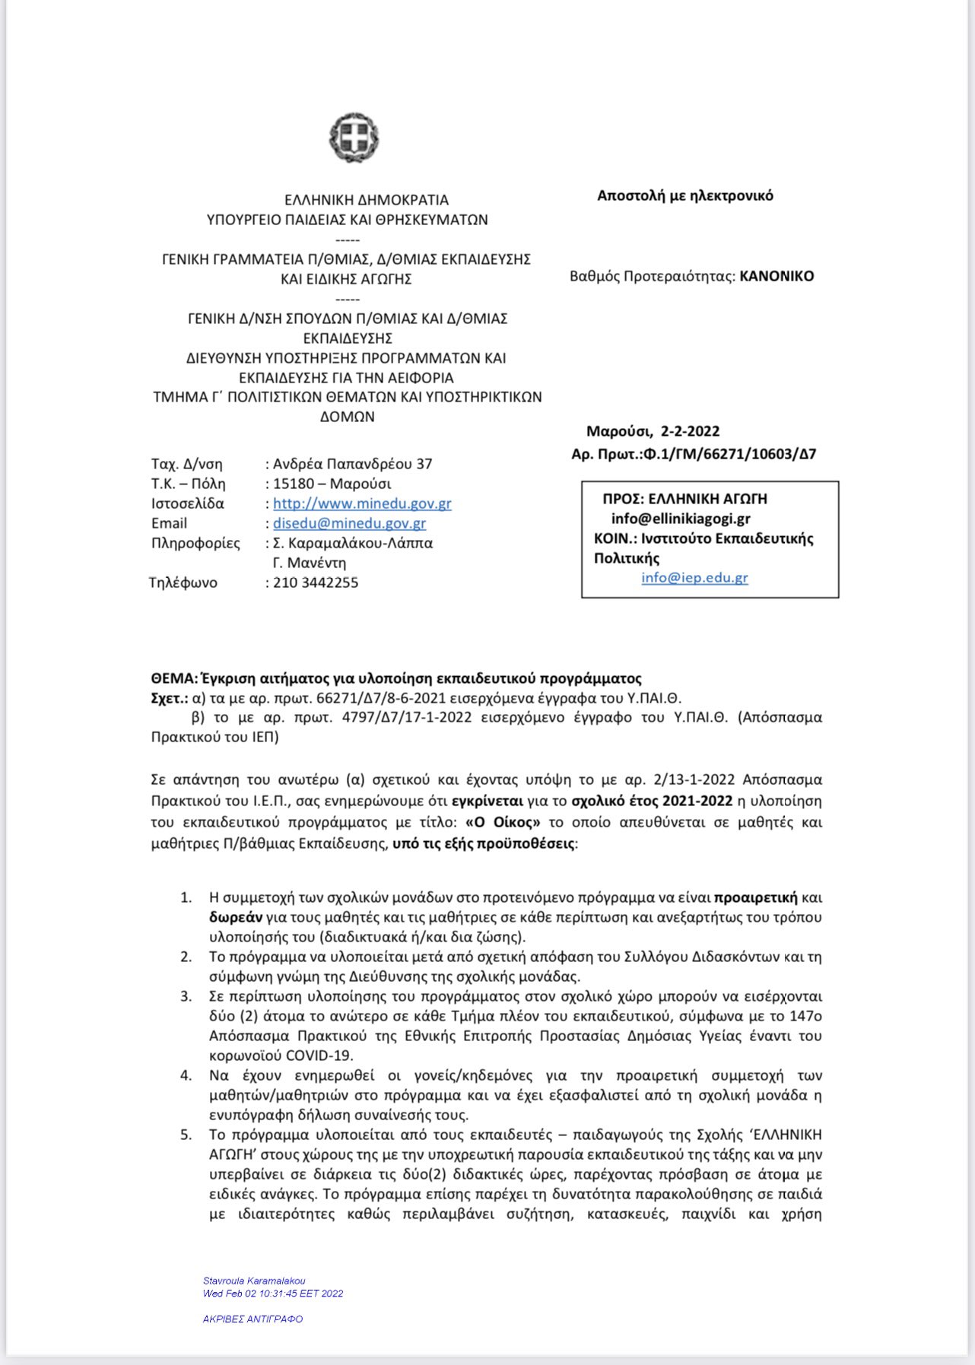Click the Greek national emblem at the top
[x=354, y=138]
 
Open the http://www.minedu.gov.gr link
[x=362, y=503]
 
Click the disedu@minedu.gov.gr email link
[x=349, y=523]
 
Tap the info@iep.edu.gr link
[x=694, y=577]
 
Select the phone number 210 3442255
[x=316, y=583]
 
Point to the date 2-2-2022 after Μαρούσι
[x=690, y=431]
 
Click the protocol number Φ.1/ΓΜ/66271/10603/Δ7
[x=729, y=454]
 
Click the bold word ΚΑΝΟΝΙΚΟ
[x=777, y=276]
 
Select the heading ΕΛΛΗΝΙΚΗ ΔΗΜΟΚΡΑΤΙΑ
[x=367, y=200]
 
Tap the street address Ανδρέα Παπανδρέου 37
[x=353, y=464]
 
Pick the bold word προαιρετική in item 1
[x=756, y=897]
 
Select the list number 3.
[x=186, y=996]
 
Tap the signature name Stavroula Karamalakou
[x=254, y=1281]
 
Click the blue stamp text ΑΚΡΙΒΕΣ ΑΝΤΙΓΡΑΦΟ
[x=252, y=1319]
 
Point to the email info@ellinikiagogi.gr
[x=681, y=519]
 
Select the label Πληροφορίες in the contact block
[x=195, y=543]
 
